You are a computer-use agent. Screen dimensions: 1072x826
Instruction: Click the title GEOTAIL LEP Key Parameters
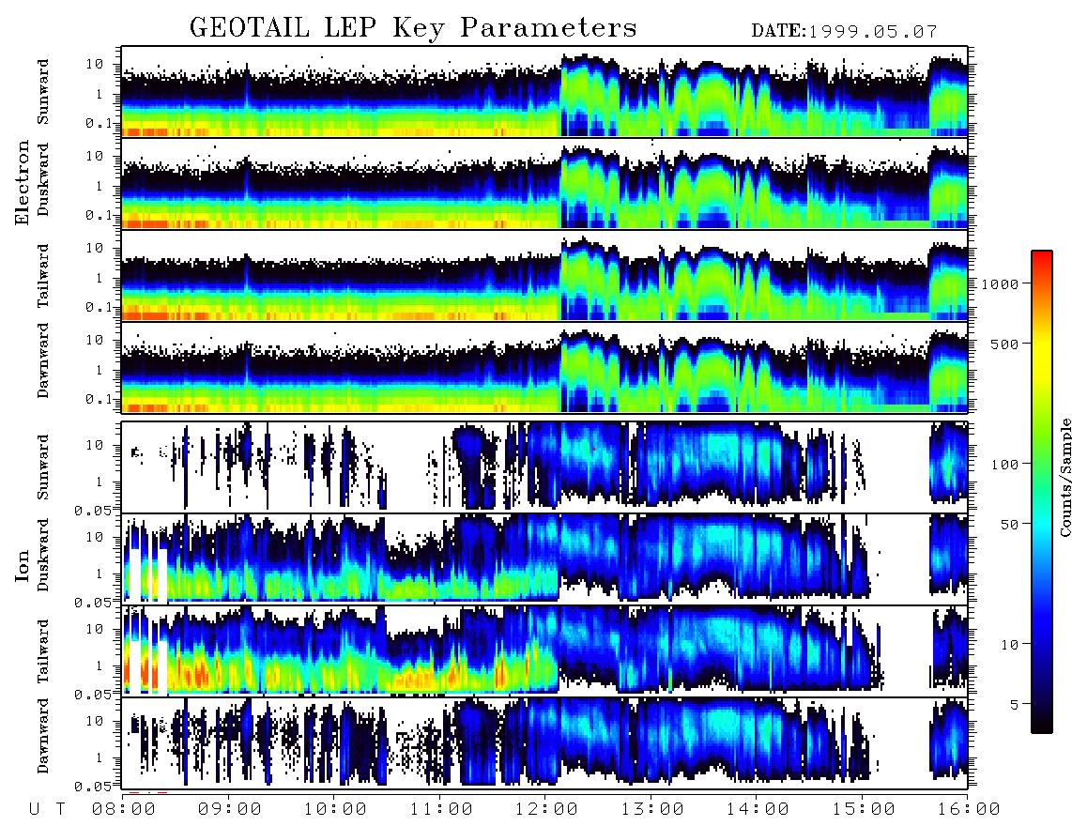tap(413, 28)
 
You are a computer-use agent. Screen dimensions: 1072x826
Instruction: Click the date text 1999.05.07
tap(873, 32)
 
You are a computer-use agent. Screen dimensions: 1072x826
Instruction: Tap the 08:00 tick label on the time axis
tap(124, 809)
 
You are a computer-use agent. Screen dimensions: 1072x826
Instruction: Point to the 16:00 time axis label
tap(969, 809)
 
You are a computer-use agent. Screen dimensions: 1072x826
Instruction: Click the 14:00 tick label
tap(758, 809)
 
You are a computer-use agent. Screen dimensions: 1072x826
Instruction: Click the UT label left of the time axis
tap(47, 809)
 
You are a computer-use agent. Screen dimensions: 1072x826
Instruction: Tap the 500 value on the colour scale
tap(1004, 344)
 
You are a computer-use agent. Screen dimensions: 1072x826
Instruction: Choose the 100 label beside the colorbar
tap(1004, 465)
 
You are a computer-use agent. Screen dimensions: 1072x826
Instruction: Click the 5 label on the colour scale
tap(1014, 704)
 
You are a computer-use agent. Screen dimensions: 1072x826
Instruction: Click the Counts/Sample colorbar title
tap(1064, 477)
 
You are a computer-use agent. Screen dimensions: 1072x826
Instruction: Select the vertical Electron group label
tap(23, 182)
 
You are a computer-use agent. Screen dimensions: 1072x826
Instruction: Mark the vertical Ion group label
tap(23, 565)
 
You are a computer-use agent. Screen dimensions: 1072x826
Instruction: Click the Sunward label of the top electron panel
tap(43, 92)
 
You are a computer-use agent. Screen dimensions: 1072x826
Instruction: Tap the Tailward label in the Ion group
tap(43, 651)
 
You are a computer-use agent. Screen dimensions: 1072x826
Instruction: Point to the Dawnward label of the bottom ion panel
tap(43, 736)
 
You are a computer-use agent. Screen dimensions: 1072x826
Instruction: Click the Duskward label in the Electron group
tap(43, 179)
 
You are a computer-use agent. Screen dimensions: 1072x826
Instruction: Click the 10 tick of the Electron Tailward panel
tap(95, 248)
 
